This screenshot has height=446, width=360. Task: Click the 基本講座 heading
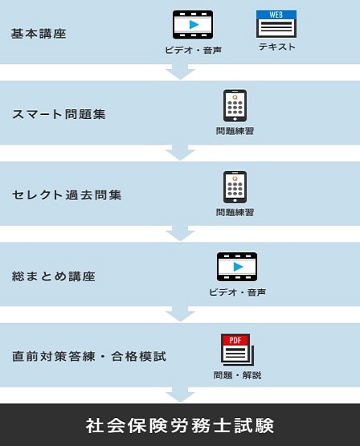click(39, 34)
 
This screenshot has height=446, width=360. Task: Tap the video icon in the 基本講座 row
click(193, 25)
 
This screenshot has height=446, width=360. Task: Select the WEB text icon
click(276, 24)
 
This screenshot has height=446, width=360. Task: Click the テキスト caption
click(277, 47)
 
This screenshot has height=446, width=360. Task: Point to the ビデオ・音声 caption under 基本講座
click(193, 51)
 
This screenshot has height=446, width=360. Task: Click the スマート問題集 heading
click(59, 114)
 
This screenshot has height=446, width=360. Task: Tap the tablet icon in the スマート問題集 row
click(235, 105)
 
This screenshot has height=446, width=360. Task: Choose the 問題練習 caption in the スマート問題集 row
click(235, 131)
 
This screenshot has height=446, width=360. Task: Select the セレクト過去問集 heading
click(67, 195)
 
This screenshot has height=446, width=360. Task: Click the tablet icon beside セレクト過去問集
click(235, 187)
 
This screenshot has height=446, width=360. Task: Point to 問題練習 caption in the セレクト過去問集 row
click(235, 212)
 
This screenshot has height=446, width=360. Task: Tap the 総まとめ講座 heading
click(54, 276)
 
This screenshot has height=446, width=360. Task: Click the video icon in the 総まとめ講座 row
click(237, 267)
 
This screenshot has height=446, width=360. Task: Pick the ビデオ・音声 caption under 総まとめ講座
click(237, 293)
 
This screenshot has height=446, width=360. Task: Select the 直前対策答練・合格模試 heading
click(89, 357)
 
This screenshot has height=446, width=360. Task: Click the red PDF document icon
click(237, 350)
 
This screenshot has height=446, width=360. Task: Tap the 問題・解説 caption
click(237, 375)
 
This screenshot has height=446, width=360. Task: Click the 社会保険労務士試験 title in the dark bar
click(180, 426)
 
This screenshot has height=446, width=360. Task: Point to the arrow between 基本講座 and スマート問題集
click(180, 72)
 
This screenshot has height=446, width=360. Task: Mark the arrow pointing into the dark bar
click(180, 395)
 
